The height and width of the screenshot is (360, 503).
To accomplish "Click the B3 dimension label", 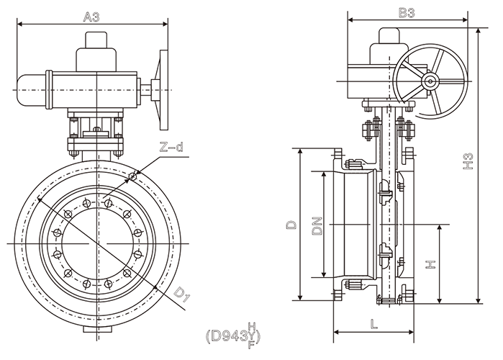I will coord(407,12).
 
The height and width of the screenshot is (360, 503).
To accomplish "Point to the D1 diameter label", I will coord(181,294).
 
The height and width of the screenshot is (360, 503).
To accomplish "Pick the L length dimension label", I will coord(374,324).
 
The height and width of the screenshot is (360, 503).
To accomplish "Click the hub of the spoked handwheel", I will coord(430,81).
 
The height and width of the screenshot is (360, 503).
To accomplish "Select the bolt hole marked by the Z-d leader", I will coord(133,176).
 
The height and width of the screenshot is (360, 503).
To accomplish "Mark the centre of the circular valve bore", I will coord(99,243).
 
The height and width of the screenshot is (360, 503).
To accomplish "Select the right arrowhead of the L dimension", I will coord(413,333).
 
